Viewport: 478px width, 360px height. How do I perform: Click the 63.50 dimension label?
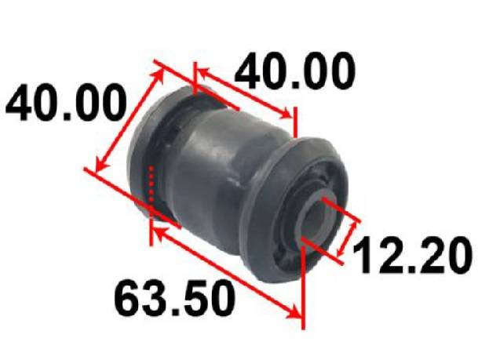pos(174,299)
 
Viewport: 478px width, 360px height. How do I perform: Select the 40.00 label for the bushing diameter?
pos(66,102)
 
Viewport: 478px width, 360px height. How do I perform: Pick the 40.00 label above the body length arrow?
pos(295,71)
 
